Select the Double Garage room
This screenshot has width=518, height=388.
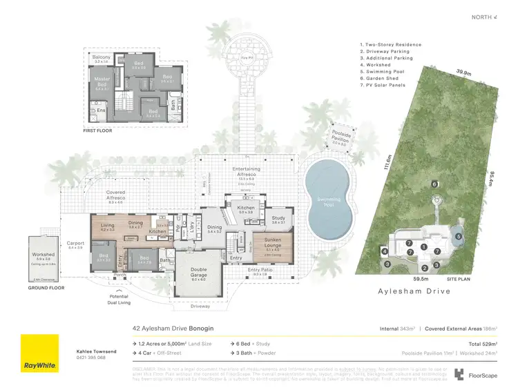[x=198, y=275]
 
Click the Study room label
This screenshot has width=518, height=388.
[x=278, y=220]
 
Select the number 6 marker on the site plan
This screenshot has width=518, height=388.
[x=434, y=184]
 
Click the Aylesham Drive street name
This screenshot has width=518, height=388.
[x=414, y=292]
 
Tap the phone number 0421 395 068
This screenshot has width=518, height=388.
[x=91, y=358]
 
